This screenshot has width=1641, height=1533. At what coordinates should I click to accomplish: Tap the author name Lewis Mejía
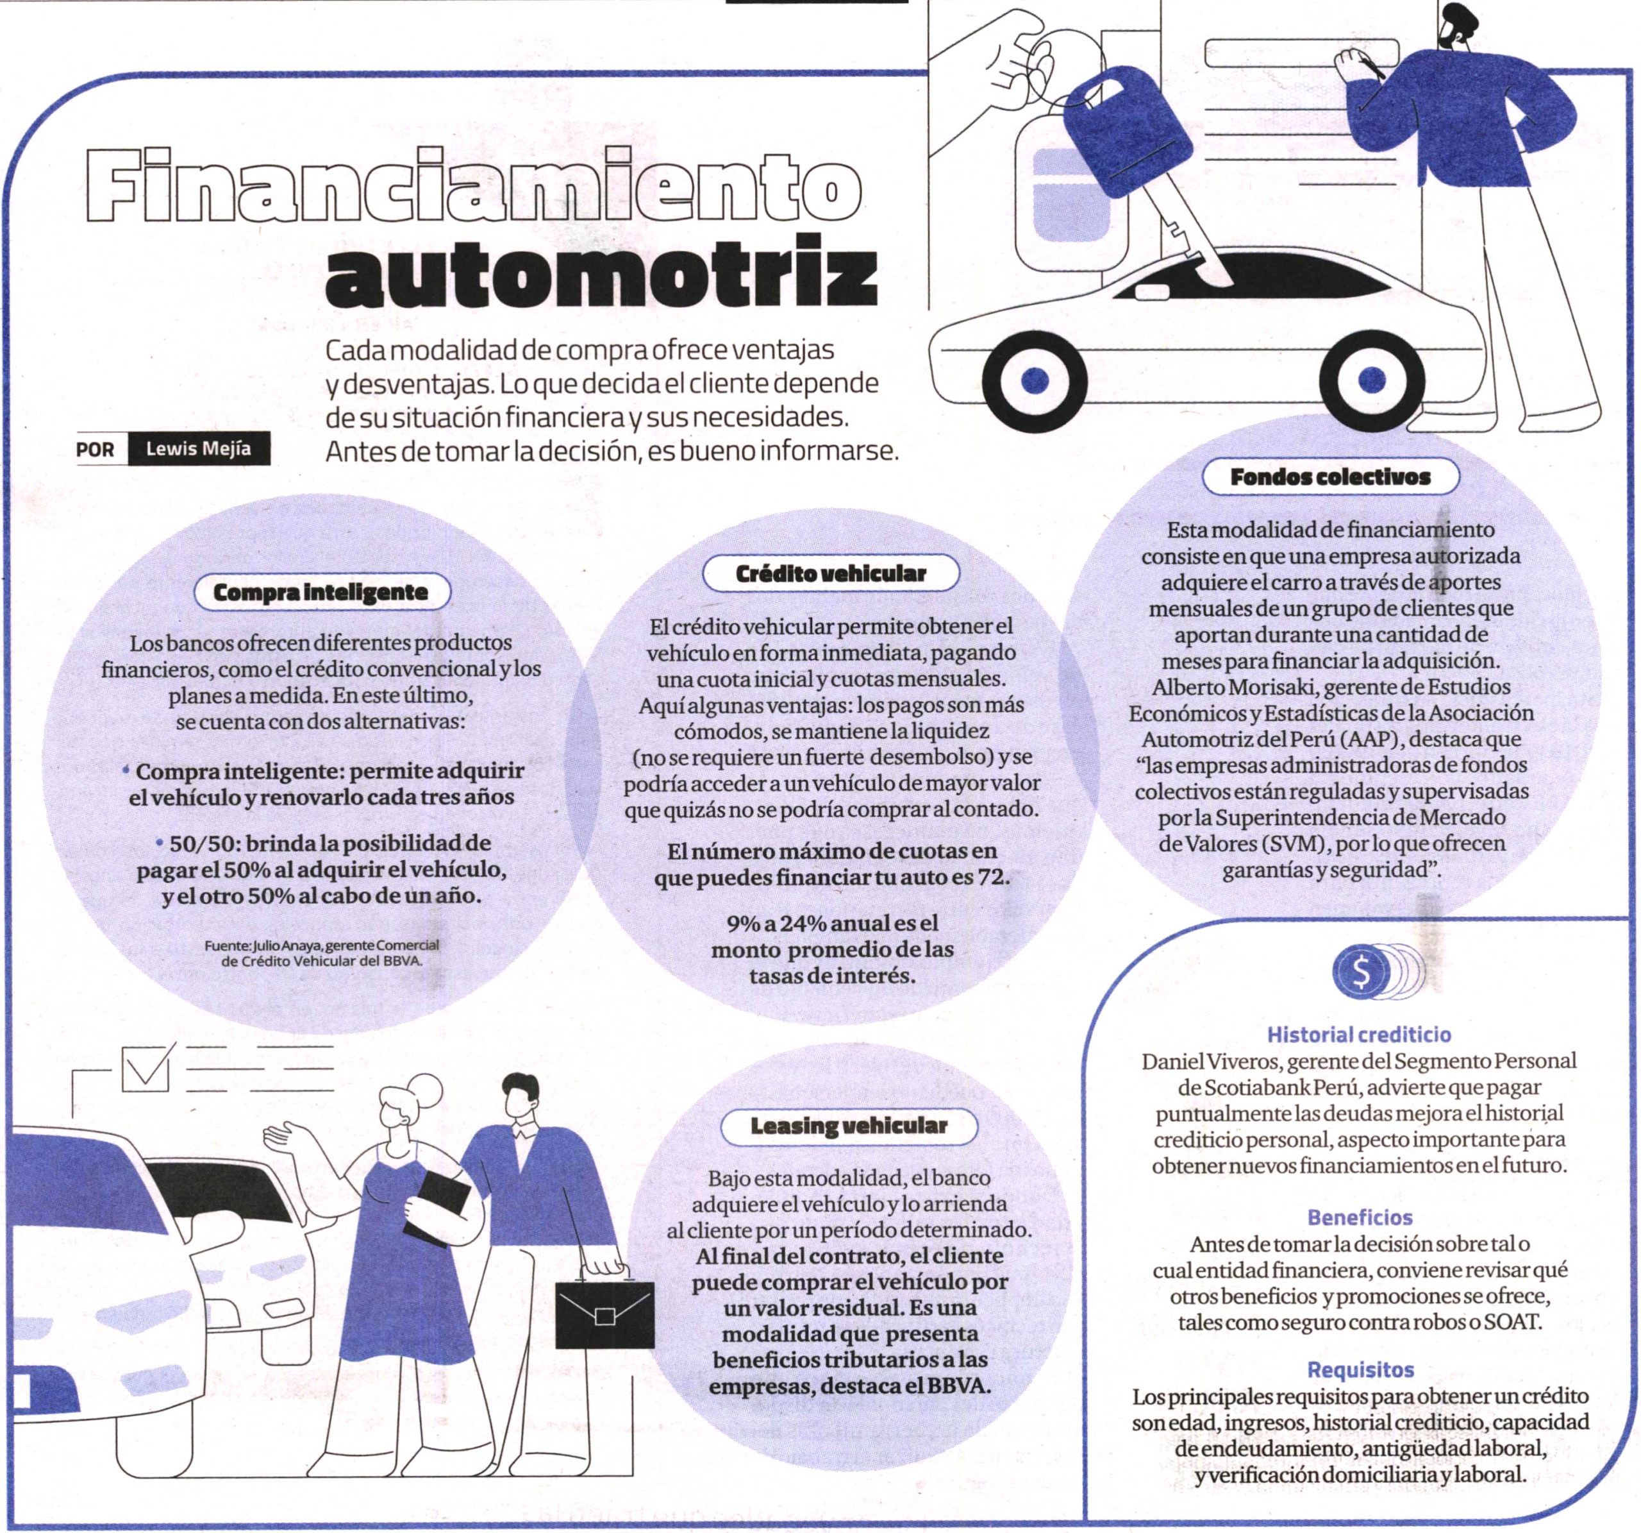point(198,450)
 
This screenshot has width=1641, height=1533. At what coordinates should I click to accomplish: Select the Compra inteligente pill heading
point(321,592)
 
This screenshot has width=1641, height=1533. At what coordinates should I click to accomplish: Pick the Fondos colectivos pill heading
point(1330,477)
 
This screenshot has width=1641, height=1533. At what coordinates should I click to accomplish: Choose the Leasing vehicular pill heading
point(849,1125)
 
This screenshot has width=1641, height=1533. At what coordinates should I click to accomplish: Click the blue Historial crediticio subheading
point(1359,1033)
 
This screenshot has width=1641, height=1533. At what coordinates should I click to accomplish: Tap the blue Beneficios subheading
point(1360,1217)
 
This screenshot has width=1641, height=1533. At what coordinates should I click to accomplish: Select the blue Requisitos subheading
point(1360,1369)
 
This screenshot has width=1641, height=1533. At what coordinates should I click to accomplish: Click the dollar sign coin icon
point(1360,973)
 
